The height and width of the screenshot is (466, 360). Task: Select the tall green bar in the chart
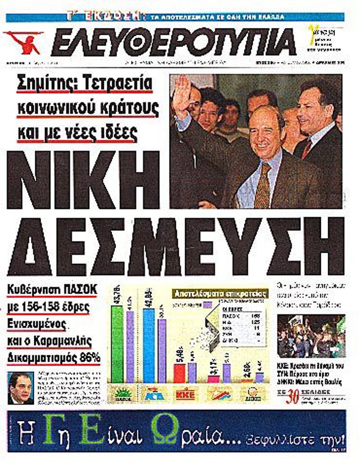[x=118, y=343]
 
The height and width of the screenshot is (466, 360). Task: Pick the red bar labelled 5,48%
[x=180, y=372]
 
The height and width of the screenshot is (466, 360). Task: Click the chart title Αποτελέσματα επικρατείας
[x=220, y=294]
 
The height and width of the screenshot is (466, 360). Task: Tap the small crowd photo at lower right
[x=311, y=336]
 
